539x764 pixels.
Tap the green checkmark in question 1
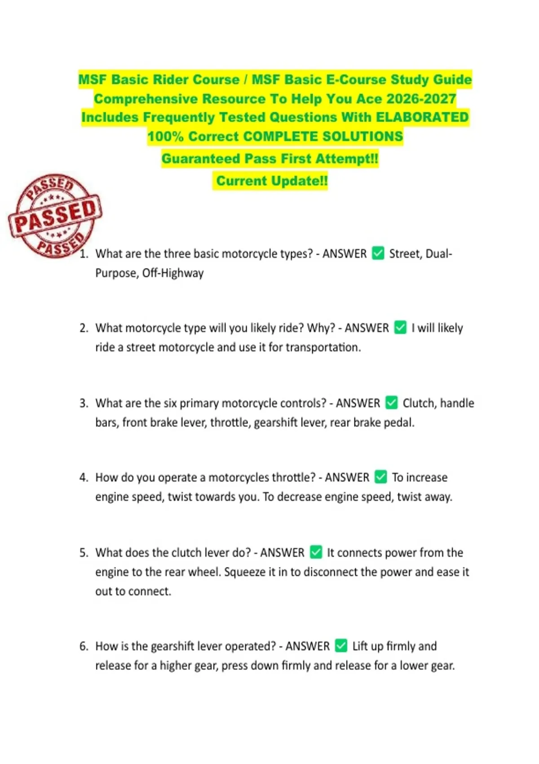point(378,253)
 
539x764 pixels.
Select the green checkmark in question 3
point(392,403)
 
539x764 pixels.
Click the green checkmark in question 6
point(341,646)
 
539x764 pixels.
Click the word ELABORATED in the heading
point(422,117)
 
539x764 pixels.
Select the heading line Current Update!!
point(272,181)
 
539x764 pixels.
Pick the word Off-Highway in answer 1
point(173,273)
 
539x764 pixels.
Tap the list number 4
point(84,477)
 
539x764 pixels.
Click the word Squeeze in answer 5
point(245,572)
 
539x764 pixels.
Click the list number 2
point(84,328)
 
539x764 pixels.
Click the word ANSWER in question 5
point(282,552)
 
